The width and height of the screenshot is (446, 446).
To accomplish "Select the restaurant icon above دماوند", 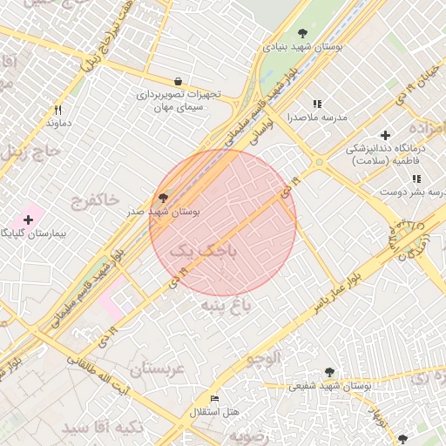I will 58,110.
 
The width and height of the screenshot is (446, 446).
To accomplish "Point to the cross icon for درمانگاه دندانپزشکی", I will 385,135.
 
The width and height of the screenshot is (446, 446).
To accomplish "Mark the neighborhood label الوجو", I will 263,358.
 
